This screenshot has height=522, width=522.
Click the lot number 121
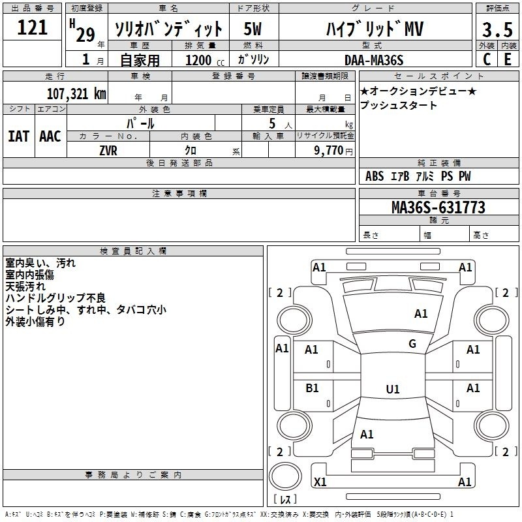tap(32, 27)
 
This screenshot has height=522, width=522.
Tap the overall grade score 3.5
tap(497, 29)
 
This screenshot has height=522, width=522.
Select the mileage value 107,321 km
tap(76, 93)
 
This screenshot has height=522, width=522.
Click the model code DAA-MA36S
tap(374, 60)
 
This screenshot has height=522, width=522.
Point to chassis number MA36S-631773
tap(438, 207)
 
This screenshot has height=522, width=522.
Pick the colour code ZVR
tap(108, 151)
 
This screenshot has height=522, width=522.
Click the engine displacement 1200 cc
tap(205, 60)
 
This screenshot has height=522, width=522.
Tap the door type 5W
tap(253, 29)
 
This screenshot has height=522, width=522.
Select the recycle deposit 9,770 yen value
tap(333, 151)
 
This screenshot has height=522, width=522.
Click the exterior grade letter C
tap(487, 59)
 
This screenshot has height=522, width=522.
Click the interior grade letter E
tap(508, 59)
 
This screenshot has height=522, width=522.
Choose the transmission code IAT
tap(19, 136)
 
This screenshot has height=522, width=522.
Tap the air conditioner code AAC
tap(50, 136)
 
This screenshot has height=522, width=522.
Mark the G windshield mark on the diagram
tap(412, 344)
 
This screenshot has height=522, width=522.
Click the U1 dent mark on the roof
tap(393, 389)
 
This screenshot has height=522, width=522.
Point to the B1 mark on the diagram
tap(312, 388)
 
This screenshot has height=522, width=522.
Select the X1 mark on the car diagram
tap(320, 482)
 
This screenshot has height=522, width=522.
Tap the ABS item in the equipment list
tap(375, 176)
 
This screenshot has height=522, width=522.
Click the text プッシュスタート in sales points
tap(398, 105)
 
